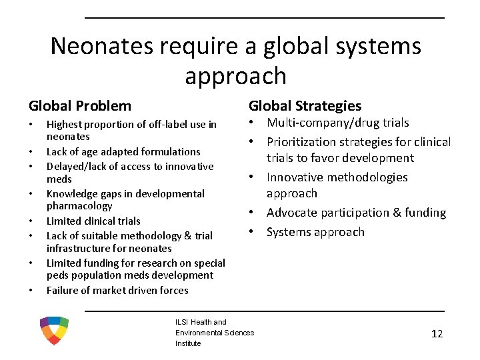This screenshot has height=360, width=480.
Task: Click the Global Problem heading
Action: tap(80, 105)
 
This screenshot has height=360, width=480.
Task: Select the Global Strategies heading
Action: tap(305, 105)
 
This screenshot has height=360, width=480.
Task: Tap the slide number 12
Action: tap(437, 334)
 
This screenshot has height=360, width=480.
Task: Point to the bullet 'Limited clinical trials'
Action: tap(93, 221)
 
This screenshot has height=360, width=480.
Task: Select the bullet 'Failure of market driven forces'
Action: tap(117, 290)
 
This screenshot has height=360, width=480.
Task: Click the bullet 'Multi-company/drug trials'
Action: tap(338, 123)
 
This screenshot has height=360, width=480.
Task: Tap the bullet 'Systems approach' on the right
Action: tap(315, 232)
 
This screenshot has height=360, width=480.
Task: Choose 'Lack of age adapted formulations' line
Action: tap(123, 152)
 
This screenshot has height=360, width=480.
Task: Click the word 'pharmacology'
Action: tap(79, 206)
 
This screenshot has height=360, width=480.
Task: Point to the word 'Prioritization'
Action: tap(301, 142)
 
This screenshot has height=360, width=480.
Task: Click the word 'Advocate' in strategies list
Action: tap(290, 213)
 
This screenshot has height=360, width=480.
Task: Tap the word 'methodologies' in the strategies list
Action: tap(371, 177)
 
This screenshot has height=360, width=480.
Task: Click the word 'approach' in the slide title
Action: tap(235, 76)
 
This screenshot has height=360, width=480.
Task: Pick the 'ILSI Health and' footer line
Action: tap(201, 322)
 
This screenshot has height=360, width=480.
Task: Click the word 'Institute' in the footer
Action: tap(188, 343)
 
